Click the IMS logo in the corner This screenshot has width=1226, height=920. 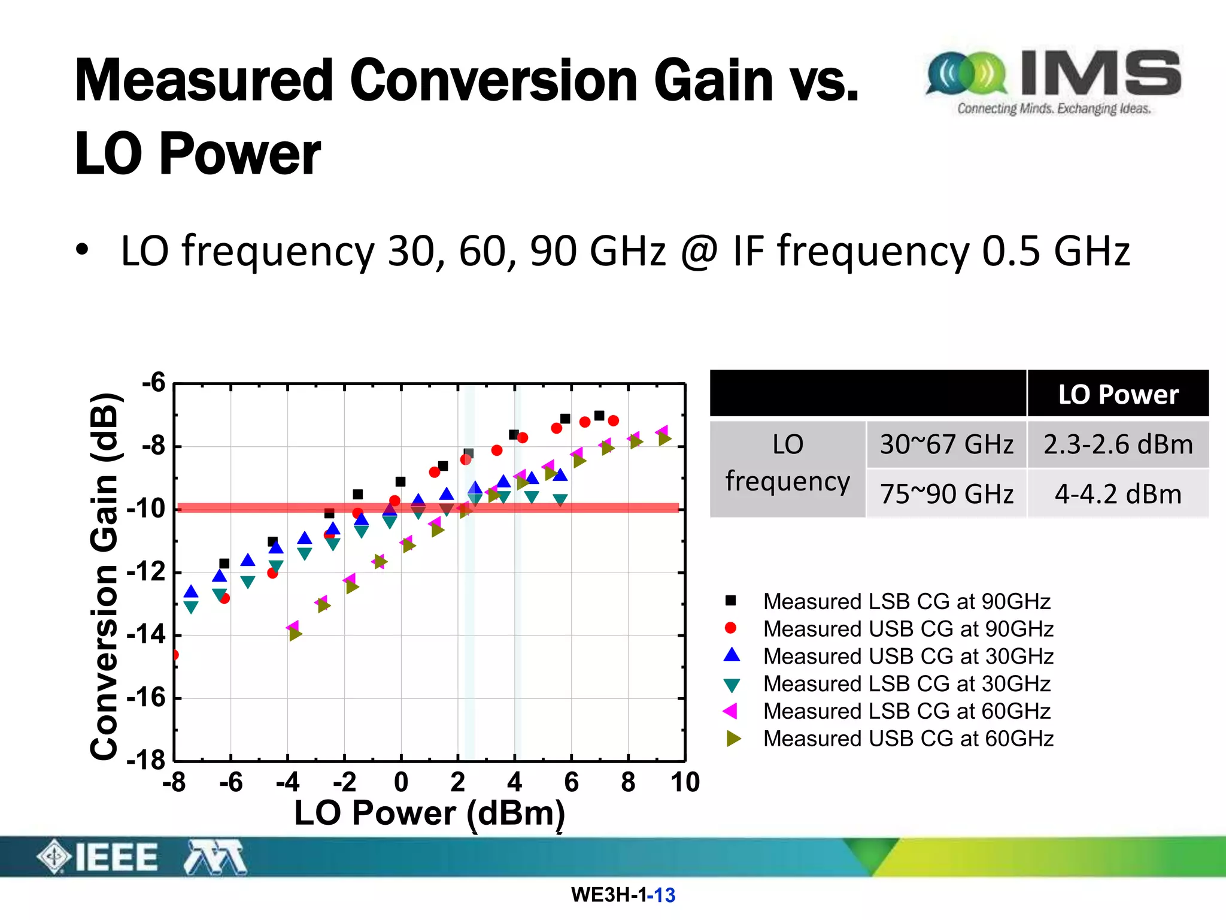[x=1054, y=81]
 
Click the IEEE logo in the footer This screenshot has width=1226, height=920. [x=99, y=857]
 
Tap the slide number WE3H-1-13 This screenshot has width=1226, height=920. [x=623, y=895]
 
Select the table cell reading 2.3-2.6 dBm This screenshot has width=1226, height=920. [x=1118, y=444]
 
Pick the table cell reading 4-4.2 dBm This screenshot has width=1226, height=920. [x=1118, y=494]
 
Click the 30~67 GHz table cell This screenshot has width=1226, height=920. [x=946, y=444]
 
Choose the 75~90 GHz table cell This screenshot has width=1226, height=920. [x=946, y=494]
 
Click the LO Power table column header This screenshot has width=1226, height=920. [x=1118, y=394]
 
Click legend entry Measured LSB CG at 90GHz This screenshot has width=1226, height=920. [x=906, y=601]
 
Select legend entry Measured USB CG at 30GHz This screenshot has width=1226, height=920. [x=908, y=656]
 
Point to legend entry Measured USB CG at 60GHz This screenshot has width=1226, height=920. [x=908, y=739]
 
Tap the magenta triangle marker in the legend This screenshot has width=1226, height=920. [x=730, y=711]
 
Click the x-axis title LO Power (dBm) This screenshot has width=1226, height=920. [x=429, y=813]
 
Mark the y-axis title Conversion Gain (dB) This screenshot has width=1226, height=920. [x=104, y=576]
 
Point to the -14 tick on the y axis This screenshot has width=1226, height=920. [x=147, y=634]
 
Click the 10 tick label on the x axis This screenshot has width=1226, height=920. [x=685, y=782]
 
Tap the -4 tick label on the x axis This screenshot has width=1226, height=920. [x=287, y=782]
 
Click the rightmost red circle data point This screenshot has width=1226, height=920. [x=613, y=421]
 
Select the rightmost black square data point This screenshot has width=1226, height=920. [x=599, y=416]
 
